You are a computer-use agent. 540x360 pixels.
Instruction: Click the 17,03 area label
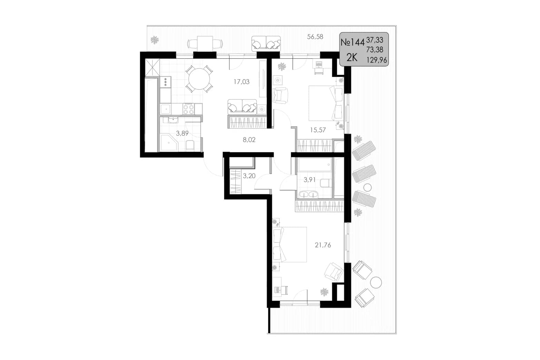pos(241,82)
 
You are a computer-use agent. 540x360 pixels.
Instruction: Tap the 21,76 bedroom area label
pos(323,245)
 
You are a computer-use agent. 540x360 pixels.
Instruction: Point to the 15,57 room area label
pos(318,130)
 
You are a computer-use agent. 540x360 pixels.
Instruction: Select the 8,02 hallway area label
pos(249,140)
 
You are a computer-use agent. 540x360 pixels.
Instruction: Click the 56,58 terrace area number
pos(315,37)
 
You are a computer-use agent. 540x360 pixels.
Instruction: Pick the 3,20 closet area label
pos(249,176)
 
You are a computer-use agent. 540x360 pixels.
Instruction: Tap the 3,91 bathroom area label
pos(310,179)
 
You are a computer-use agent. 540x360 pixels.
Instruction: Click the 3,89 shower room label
pos(182,133)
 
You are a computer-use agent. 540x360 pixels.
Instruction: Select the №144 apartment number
pos(352,43)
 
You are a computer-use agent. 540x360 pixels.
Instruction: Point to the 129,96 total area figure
pos(377,60)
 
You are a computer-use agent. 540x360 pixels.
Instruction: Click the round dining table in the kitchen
pos(199,79)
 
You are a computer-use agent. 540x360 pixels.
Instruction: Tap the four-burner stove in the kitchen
pos(188,109)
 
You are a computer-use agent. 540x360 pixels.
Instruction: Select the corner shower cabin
pos(169,143)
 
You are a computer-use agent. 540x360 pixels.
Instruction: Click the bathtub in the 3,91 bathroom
pos(315,164)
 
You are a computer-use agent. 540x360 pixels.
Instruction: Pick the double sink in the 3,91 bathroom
pos(308,194)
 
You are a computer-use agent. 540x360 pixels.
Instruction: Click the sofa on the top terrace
pos(266,43)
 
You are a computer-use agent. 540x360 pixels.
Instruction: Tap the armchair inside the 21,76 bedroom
pos(334,272)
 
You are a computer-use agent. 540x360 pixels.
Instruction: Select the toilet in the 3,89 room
pos(190,146)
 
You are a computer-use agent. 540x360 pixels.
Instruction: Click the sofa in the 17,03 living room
pos(242,107)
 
